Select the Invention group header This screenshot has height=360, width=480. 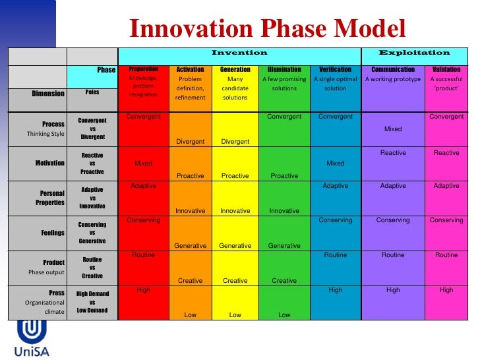(239, 53)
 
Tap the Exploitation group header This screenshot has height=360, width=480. (414, 53)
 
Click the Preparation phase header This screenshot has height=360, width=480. (143, 69)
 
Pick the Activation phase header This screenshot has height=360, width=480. (191, 69)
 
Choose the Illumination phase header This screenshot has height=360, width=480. (284, 69)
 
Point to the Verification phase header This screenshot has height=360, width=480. (335, 69)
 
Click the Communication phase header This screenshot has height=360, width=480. (393, 69)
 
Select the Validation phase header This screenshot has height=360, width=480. (446, 69)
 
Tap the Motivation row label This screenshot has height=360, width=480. (51, 163)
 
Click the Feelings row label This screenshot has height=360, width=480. (53, 233)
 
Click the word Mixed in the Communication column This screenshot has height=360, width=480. (393, 129)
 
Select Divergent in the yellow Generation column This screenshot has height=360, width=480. (235, 141)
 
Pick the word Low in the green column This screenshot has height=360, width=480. (284, 315)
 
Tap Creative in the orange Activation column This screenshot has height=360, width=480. (191, 280)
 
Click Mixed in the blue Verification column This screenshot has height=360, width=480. (335, 163)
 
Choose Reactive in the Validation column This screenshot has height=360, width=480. (446, 153)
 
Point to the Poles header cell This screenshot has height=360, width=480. (92, 93)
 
